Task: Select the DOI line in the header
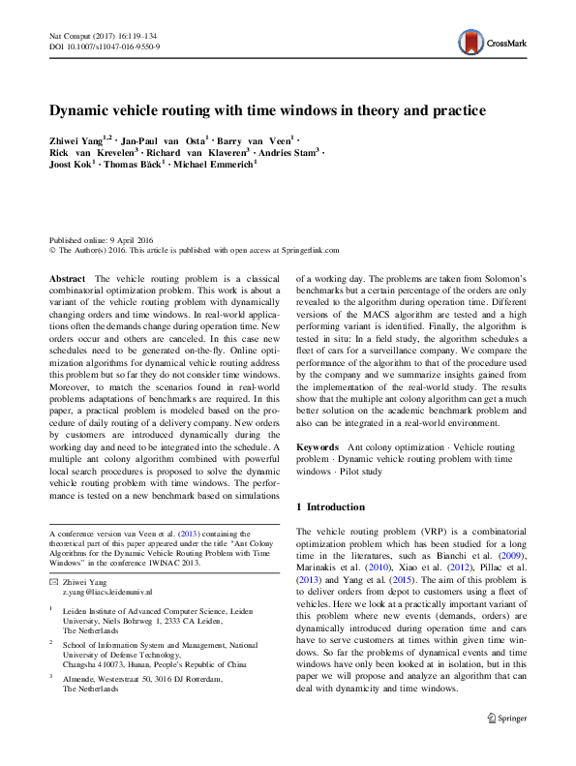pyautogui.click(x=105, y=46)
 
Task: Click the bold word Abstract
pyautogui.click(x=68, y=278)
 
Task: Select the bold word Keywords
pyautogui.click(x=318, y=448)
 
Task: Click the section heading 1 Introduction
pyautogui.click(x=330, y=507)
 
